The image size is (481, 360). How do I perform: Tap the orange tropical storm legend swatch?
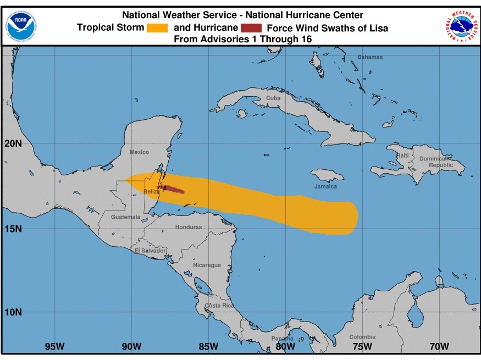[157, 27]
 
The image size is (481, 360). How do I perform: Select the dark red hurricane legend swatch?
[251, 27]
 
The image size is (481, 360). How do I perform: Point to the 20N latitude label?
[13, 143]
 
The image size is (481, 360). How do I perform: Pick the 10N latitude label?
[13, 312]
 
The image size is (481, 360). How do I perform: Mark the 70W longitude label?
[439, 346]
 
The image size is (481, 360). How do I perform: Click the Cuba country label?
[273, 98]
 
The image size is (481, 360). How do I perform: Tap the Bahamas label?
[370, 57]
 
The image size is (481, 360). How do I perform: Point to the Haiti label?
[403, 156]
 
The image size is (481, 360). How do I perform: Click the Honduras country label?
[189, 227]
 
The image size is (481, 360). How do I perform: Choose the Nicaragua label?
[207, 265]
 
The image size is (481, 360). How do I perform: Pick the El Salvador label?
[150, 251]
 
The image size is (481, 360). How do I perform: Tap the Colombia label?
[362, 337]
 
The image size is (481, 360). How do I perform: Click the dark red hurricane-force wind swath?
[173, 190]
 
